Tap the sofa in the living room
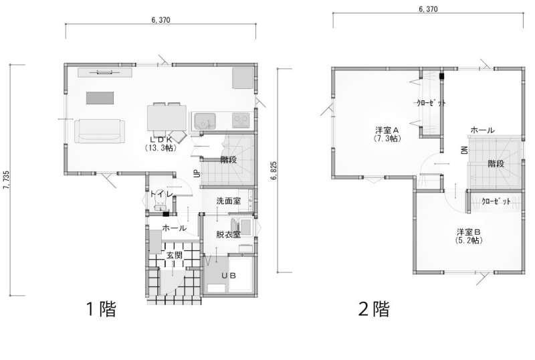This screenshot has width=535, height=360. pyautogui.click(x=99, y=130)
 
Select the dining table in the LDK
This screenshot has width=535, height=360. pyautogui.click(x=167, y=118)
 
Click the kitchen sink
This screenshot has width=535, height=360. pyautogui.click(x=205, y=121)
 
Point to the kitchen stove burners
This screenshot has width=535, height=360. pyautogui.click(x=241, y=120)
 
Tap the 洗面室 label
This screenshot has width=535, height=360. pyautogui.click(x=229, y=201)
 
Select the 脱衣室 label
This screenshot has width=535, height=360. pyautogui.click(x=229, y=234)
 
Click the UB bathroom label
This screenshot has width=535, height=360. pyautogui.click(x=228, y=276)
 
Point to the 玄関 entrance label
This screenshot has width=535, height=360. pyautogui.click(x=175, y=255)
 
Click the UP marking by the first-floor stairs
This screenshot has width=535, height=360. pyautogui.click(x=197, y=173)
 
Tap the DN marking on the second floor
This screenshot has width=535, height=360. pyautogui.click(x=464, y=150)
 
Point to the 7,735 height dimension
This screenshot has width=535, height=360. pyautogui.click(x=6, y=180)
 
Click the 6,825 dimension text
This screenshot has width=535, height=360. pyautogui.click(x=274, y=171)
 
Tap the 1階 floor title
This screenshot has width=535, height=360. pyautogui.click(x=101, y=309)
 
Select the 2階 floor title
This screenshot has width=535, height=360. pyautogui.click(x=374, y=309)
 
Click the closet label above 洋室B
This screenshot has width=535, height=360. pyautogui.click(x=496, y=201)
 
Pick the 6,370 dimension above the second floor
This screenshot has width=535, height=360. pyautogui.click(x=428, y=9)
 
